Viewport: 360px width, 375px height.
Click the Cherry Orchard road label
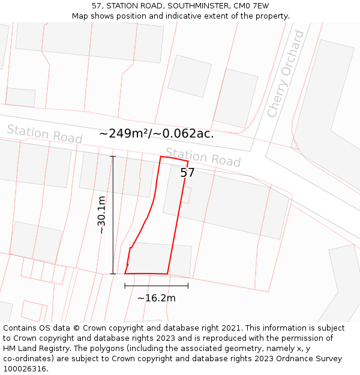(x=286, y=74)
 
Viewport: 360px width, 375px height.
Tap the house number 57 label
(x=188, y=173)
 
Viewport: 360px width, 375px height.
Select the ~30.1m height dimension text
(x=101, y=215)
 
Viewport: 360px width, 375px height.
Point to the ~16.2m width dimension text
(x=156, y=298)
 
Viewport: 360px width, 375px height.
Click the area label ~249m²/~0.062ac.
(x=157, y=134)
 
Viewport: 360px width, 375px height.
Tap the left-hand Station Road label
(x=44, y=134)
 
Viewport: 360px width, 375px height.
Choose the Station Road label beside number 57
(x=203, y=157)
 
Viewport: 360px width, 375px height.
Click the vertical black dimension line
(x=113, y=215)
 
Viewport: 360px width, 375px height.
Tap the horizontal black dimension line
(x=156, y=286)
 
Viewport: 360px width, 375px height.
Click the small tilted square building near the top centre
(x=190, y=76)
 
